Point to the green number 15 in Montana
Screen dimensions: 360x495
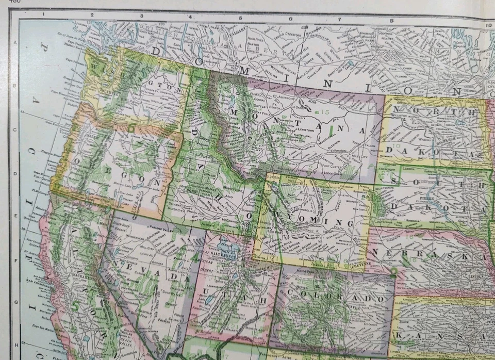324,111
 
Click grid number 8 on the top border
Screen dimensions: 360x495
391,21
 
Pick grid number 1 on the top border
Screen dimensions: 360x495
43,15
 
